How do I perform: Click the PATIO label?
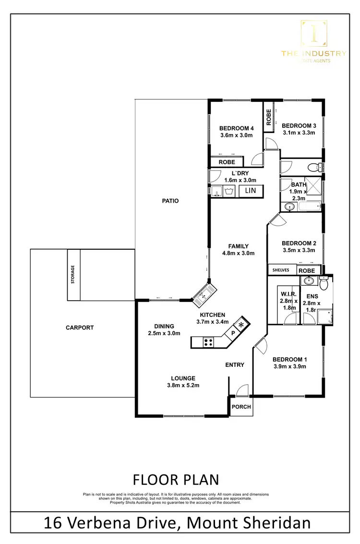click(x=170, y=201)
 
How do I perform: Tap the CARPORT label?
click(x=80, y=327)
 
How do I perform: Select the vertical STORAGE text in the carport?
click(x=73, y=276)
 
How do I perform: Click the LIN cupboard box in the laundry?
click(x=250, y=191)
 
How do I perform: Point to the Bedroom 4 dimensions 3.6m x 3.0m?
click(x=236, y=136)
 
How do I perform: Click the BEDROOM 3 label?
click(x=299, y=126)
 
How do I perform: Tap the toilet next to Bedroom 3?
click(x=314, y=167)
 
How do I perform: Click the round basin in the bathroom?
click(x=289, y=207)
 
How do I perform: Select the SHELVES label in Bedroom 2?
click(x=281, y=270)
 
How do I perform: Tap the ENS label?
click(x=312, y=296)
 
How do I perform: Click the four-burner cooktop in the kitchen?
click(x=209, y=342)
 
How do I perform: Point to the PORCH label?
click(x=241, y=407)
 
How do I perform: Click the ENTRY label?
click(x=235, y=365)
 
